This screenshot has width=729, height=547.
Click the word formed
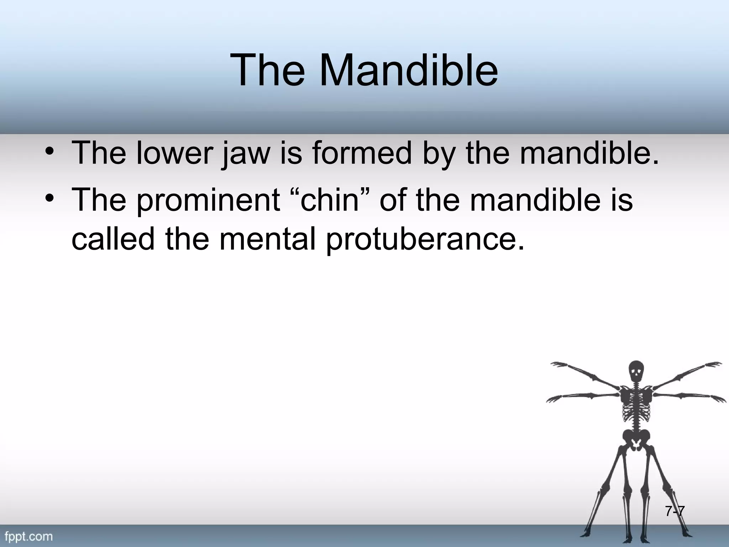[x=362, y=153]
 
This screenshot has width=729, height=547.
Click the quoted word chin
[x=329, y=199]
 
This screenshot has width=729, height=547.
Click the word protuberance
[x=425, y=240]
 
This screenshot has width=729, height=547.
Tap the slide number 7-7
[x=675, y=511]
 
